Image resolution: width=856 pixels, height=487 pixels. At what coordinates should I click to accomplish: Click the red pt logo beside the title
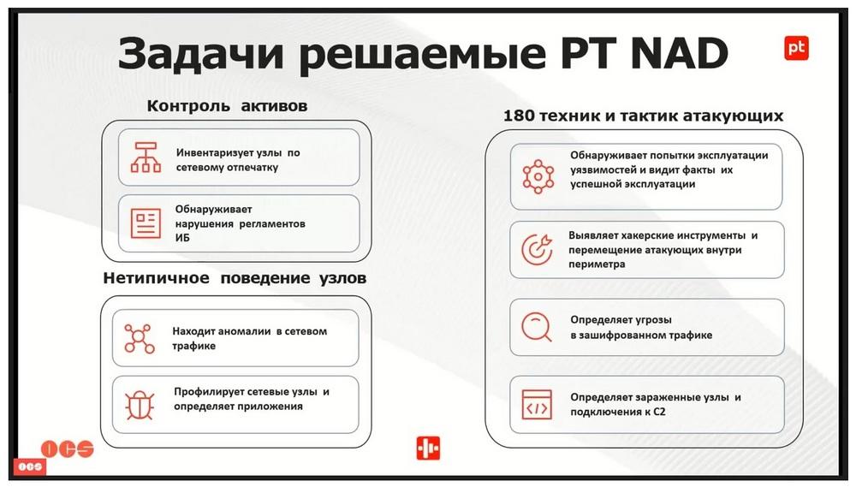point(796,47)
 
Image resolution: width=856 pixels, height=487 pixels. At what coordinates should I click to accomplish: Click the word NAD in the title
point(679,53)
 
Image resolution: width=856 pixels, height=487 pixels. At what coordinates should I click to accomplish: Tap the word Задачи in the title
point(201,54)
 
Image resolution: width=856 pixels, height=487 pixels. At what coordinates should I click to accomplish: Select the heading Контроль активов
point(227,106)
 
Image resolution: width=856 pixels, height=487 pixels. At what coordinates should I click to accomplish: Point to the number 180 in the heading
point(520,116)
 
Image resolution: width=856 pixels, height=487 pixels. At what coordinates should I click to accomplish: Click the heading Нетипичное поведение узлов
point(235,278)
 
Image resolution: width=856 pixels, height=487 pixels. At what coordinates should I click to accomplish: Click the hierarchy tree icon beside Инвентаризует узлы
point(146,157)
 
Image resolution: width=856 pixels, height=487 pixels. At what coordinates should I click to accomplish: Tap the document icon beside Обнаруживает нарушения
point(146,223)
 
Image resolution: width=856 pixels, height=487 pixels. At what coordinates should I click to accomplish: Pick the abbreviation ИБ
point(182,238)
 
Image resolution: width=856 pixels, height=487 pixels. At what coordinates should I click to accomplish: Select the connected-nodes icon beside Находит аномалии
point(140,338)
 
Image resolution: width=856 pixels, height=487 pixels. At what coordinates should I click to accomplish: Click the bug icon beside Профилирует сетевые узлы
point(140,405)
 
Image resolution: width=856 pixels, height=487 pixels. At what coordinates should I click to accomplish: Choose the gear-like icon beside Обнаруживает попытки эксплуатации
point(538,176)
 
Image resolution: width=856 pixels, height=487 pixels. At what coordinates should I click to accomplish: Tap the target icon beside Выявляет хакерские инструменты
point(538,250)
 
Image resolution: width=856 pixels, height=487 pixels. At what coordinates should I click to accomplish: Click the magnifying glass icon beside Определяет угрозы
point(537,327)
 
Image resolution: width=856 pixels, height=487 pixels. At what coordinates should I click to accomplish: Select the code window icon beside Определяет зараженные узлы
point(537,405)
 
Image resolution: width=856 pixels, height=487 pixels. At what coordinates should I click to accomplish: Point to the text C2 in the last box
point(659,413)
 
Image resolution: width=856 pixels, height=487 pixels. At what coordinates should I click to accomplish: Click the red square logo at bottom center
point(428,448)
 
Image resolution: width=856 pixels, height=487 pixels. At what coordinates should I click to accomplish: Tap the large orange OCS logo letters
point(68,448)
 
